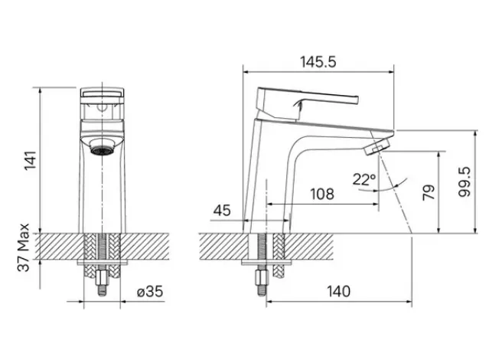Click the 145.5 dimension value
click(x=318, y=62)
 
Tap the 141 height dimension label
click(x=31, y=161)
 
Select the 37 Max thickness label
click(x=24, y=247)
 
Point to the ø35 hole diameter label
click(x=150, y=292)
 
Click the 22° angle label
click(x=364, y=179)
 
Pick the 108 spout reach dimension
click(x=322, y=195)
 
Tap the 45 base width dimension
click(x=222, y=211)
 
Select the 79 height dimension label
click(x=429, y=192)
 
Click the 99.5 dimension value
click(x=465, y=182)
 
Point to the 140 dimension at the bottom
click(x=339, y=292)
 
